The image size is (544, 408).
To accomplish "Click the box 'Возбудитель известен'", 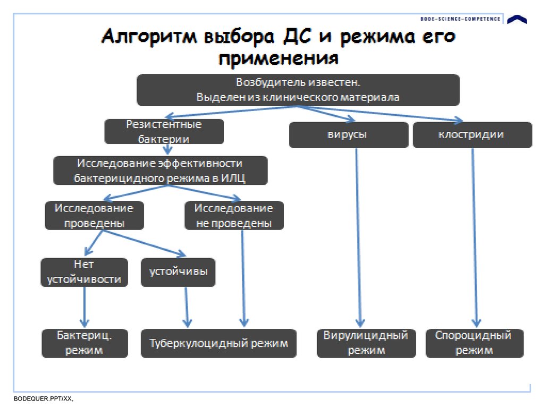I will pos(298,90).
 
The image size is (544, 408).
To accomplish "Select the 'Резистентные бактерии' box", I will pos(164,132).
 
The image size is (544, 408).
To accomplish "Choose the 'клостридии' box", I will pos(472,135).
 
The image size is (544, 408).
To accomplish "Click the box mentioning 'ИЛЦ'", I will pos(160,171).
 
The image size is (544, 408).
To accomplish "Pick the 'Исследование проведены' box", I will pos(95,216).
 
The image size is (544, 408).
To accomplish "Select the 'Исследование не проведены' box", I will pos(234,216).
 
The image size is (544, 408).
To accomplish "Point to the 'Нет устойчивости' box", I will pos(84,272).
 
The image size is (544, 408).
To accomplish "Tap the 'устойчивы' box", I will pos(178,272).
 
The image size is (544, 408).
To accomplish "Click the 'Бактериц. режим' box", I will pos(84,343).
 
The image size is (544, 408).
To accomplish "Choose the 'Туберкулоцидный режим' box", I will pos(218,343).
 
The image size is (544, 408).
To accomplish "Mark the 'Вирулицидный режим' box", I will pos(366,343).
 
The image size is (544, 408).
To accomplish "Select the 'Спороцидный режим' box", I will pos(474,343).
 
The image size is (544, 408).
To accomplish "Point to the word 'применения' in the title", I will pos(278,57).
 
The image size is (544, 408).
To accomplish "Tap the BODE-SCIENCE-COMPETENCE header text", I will pos(460,19).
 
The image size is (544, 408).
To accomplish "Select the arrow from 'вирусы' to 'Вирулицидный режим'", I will pos(359,236).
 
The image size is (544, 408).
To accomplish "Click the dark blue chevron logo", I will pos(517,20).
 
